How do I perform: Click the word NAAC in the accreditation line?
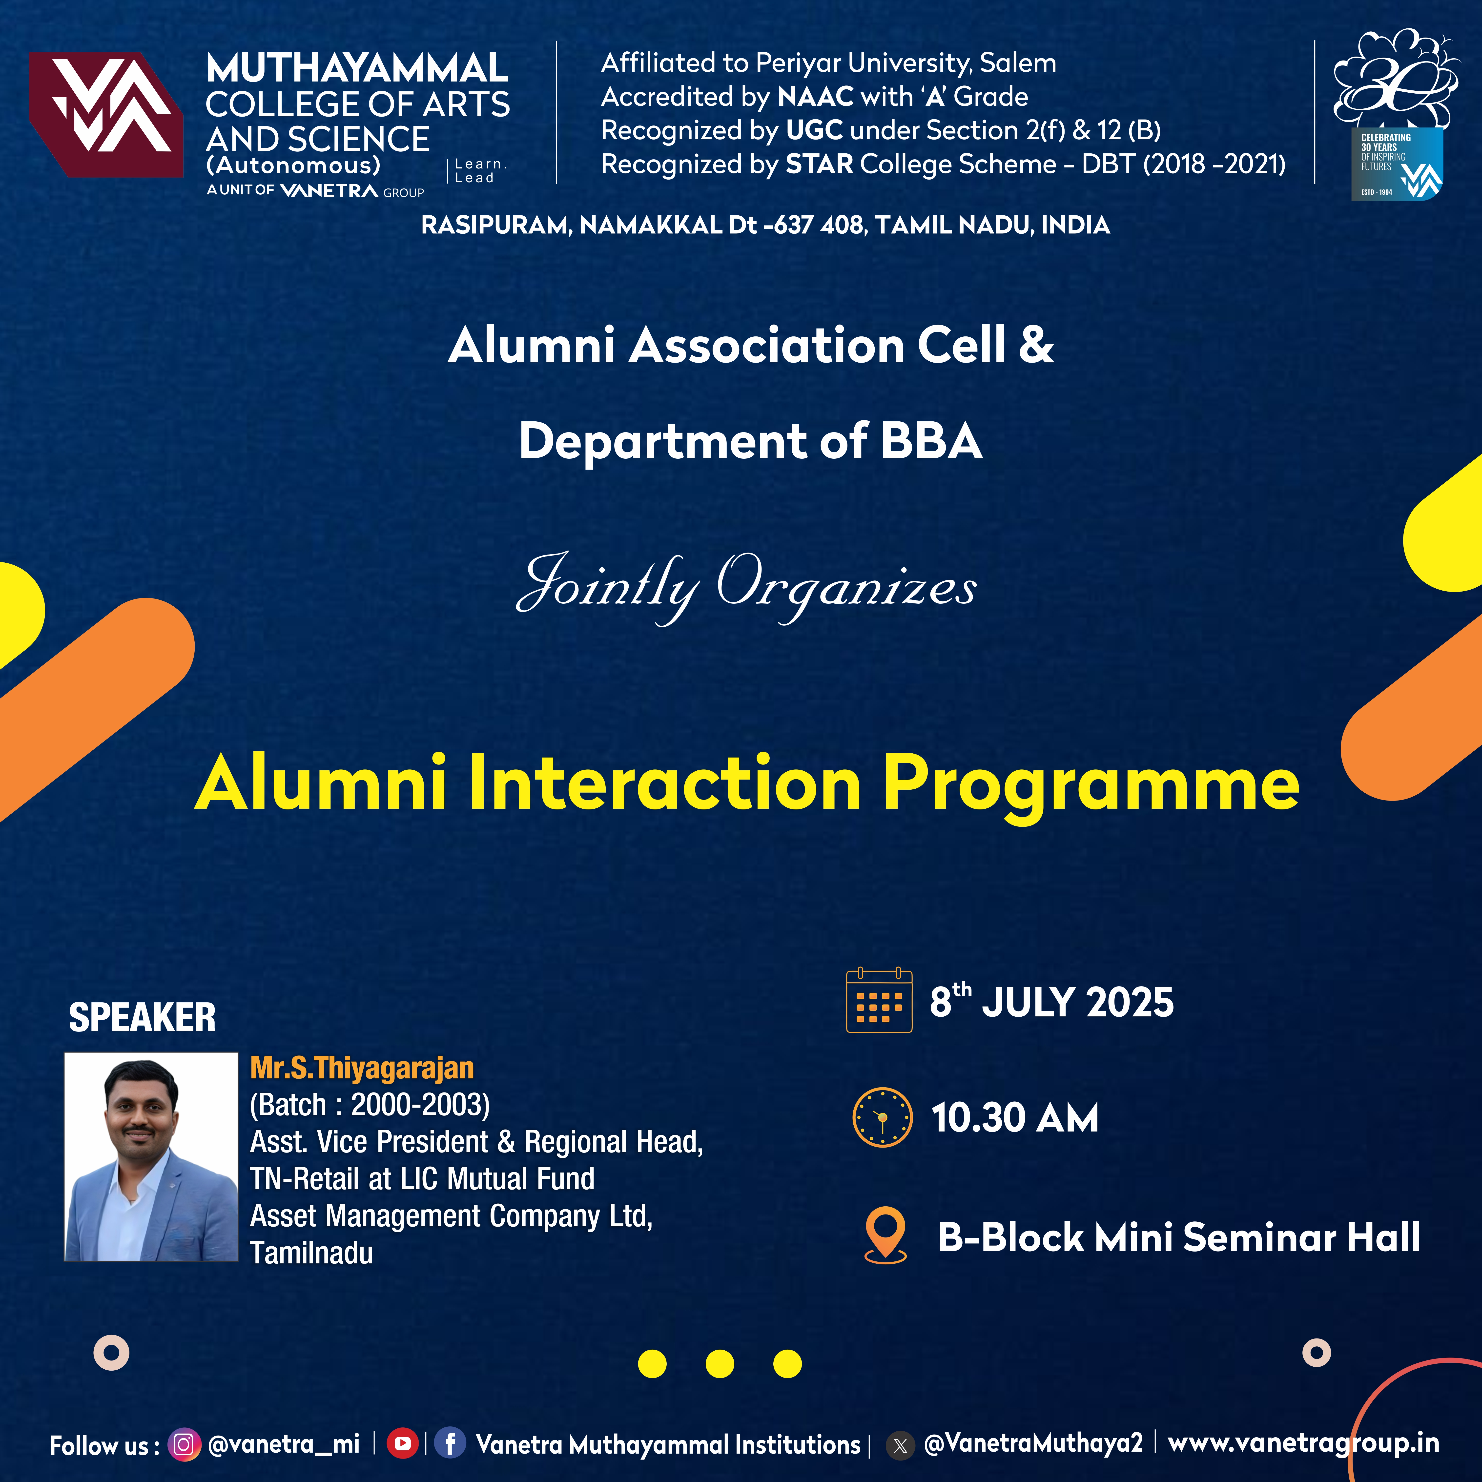815,97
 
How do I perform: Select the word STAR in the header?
819,164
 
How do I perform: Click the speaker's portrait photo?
151,1157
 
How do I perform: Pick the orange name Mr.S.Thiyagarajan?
362,1068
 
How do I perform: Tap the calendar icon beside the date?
879,1000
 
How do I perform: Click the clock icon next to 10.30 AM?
883,1117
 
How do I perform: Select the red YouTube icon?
402,1444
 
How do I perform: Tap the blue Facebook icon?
450,1443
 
